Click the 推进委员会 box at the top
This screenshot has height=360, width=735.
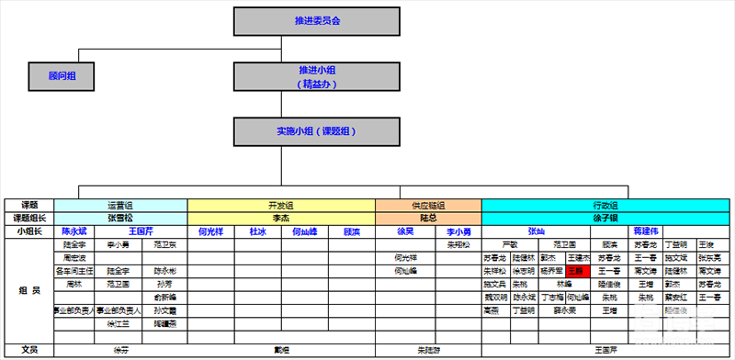coord(318,20)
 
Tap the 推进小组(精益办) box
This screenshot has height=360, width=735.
coord(318,77)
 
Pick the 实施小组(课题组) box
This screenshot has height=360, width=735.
coord(318,131)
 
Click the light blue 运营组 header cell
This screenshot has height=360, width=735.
coord(120,205)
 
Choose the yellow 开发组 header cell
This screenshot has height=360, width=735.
coord(281,205)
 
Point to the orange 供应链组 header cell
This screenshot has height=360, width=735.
coord(428,205)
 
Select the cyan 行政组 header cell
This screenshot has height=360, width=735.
coord(607,205)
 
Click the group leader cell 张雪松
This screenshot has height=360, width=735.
coord(120,218)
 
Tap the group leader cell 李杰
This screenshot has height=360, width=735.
coord(281,218)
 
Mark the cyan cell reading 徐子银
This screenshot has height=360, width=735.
coord(607,218)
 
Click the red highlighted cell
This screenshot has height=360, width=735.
coord(576,271)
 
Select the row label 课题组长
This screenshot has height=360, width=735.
coord(28,218)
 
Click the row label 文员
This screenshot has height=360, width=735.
coord(28,350)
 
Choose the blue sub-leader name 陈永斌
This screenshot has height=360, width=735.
coord(73,231)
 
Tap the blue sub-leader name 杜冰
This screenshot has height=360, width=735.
coord(257,231)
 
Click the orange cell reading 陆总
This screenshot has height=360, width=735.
coord(428,218)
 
